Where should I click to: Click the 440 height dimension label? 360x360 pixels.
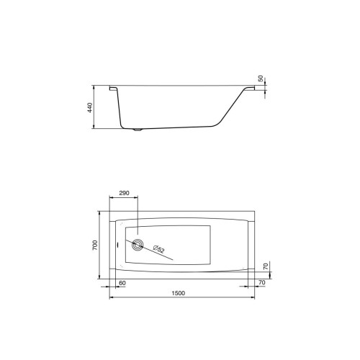[90, 108]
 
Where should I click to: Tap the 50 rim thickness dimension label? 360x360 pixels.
[261, 78]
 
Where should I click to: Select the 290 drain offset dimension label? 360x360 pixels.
[124, 193]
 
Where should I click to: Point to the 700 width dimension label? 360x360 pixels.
[95, 246]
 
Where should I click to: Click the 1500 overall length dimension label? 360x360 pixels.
[179, 293]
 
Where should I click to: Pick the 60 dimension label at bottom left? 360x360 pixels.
[122, 283]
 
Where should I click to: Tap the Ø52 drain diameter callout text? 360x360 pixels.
[158, 249]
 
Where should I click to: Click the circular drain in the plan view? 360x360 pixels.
[138, 245]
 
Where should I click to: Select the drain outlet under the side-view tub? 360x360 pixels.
[138, 130]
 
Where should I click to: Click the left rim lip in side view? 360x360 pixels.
[113, 89]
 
